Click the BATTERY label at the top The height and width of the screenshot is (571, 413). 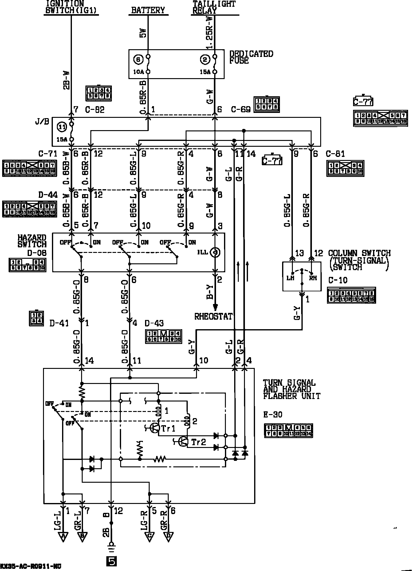148,10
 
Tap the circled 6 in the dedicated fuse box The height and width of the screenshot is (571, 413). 138,60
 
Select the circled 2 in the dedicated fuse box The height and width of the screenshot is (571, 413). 205,60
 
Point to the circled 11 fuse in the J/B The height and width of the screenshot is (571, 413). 62,127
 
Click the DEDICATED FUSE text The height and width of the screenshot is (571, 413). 251,57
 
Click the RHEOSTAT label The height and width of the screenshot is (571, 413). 214,317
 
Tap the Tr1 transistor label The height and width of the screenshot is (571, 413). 168,429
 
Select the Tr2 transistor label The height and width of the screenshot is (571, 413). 199,442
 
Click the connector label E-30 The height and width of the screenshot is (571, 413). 273,415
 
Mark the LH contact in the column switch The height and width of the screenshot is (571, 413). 290,278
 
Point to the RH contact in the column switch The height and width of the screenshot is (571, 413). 313,278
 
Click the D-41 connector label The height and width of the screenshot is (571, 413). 59,323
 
